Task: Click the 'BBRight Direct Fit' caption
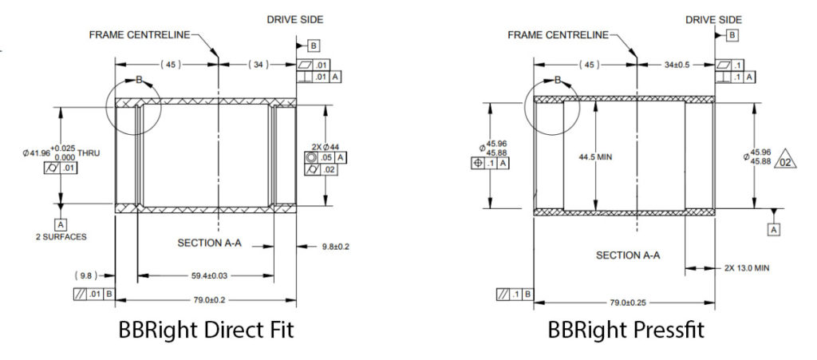coord(206,329)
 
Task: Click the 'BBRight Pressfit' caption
coord(626,329)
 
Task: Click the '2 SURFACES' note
coord(61,237)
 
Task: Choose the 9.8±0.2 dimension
coord(332,247)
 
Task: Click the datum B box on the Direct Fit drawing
coord(314,45)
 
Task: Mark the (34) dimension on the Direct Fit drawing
coord(260,64)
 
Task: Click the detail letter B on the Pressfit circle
coord(558,80)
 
